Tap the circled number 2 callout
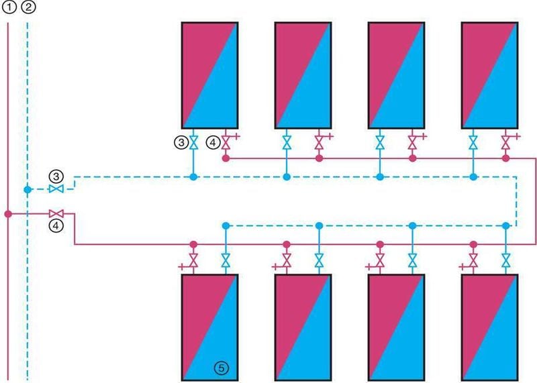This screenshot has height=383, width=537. (28, 8)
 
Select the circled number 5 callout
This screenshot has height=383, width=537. (220, 367)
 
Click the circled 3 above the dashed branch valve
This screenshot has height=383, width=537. (57, 176)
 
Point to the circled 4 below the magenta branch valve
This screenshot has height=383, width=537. (57, 226)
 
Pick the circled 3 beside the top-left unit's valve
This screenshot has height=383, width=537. (180, 142)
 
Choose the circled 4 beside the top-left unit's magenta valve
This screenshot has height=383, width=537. (212, 142)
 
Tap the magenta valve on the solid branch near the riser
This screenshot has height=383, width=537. (56, 213)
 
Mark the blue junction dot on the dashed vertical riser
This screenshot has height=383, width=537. (28, 190)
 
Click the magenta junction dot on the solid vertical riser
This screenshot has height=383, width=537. (8, 214)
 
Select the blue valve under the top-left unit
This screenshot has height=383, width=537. (193, 142)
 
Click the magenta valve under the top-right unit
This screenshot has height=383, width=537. (505, 142)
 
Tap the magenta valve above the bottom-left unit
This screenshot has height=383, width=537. (193, 260)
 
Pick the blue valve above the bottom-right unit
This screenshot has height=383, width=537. (505, 260)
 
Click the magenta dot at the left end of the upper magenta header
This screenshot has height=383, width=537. (226, 159)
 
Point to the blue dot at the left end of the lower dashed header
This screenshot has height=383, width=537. (226, 226)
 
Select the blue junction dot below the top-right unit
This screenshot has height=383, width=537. (473, 177)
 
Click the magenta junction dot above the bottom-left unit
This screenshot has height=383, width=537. (193, 243)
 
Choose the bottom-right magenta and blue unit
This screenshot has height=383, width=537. (489, 327)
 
